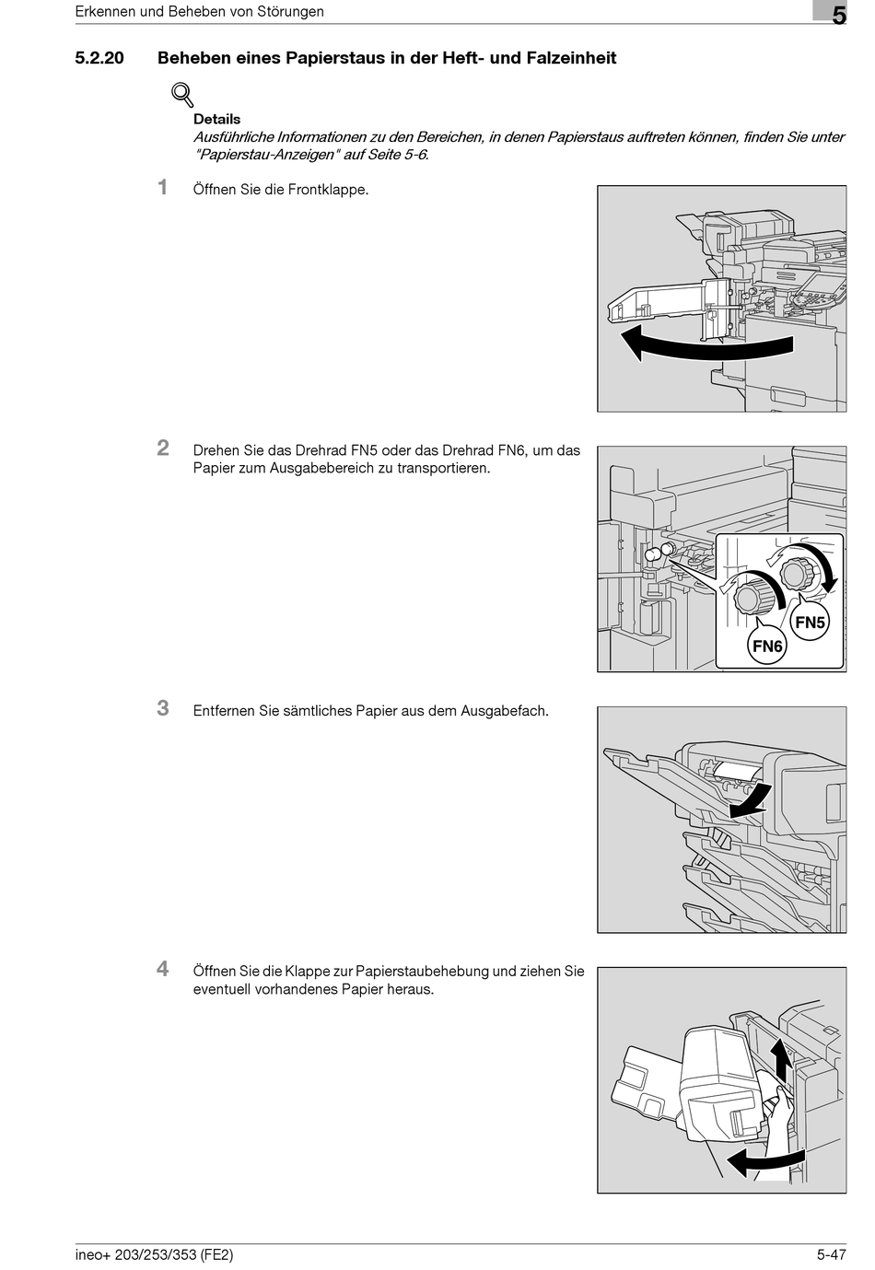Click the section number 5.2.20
tap(99, 58)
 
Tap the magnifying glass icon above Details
tap(182, 94)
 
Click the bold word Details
tap(216, 119)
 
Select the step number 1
tap(163, 187)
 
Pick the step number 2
tap(163, 448)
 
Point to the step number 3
tap(163, 708)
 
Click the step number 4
tap(163, 969)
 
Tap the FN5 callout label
tap(810, 622)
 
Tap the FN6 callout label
tap(767, 646)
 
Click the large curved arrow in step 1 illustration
tap(705, 347)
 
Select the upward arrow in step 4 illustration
tap(781, 1058)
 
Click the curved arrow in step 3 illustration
tap(751, 801)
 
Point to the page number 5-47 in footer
tap(831, 1254)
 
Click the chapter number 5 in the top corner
tap(839, 15)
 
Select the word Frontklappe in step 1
tap(328, 190)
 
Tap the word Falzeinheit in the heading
tap(571, 58)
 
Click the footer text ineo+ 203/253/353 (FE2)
tap(154, 1254)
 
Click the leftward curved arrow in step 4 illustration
tap(760, 1162)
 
